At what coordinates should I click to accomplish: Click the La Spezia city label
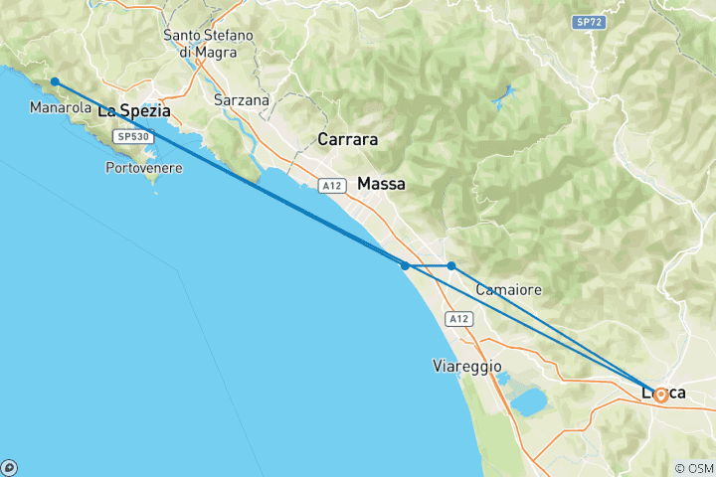pos(133,111)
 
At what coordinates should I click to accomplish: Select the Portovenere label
pos(143,168)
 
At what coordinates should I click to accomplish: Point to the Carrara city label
pos(347,139)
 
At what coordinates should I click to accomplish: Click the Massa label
pos(381,184)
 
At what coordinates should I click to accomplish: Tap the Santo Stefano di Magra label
pos(209,44)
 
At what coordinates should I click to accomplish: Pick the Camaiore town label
pos(508,290)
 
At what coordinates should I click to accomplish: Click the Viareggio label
pos(467,366)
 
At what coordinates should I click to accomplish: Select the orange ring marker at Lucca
pos(660,395)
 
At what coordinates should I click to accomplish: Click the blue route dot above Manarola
pos(55,81)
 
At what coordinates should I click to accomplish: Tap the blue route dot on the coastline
pos(405,266)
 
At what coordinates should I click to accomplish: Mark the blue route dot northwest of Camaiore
pos(451,266)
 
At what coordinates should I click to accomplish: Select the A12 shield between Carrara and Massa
pos(331,185)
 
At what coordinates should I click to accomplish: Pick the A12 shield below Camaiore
pos(457,319)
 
